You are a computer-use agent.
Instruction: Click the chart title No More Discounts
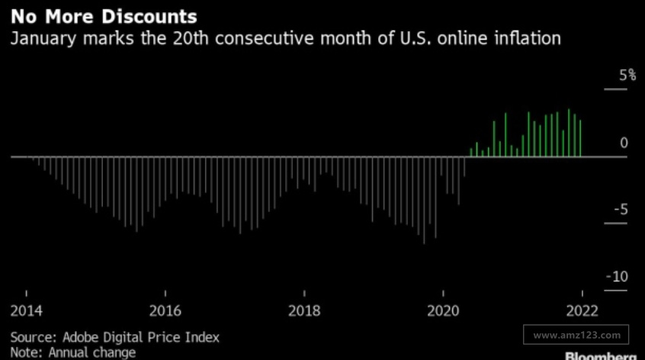pyautogui.click(x=103, y=16)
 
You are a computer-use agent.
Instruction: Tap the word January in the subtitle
pyautogui.click(x=41, y=38)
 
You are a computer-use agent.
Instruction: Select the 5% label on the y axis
pyautogui.click(x=627, y=76)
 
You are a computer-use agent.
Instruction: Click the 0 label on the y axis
pyautogui.click(x=624, y=143)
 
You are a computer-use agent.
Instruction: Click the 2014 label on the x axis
pyautogui.click(x=27, y=311)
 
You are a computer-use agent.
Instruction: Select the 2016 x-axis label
pyautogui.click(x=165, y=311)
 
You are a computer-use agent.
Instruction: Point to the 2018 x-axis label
pyautogui.click(x=304, y=311)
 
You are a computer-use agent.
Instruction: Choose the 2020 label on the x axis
pyautogui.click(x=444, y=311)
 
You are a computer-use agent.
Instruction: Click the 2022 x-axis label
pyautogui.click(x=582, y=311)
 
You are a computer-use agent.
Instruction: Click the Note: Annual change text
pyautogui.click(x=73, y=352)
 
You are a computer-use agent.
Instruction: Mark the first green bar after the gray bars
pyautogui.click(x=471, y=153)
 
